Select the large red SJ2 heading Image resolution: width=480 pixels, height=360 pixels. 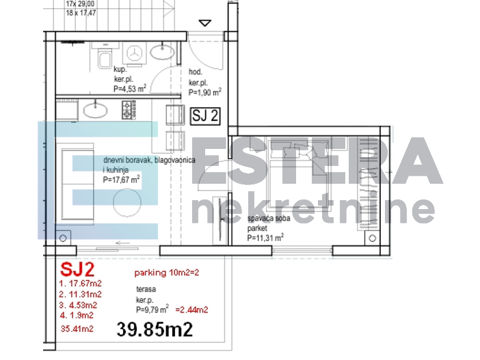77,268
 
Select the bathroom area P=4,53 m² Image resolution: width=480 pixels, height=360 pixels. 130,88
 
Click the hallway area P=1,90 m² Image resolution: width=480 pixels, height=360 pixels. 205,92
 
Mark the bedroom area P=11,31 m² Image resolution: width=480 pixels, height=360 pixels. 266,238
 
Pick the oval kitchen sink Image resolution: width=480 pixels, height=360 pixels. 94,109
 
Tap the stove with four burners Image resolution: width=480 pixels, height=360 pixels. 126,109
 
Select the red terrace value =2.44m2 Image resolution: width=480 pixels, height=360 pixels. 192,309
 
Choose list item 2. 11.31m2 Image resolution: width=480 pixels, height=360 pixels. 81,294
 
